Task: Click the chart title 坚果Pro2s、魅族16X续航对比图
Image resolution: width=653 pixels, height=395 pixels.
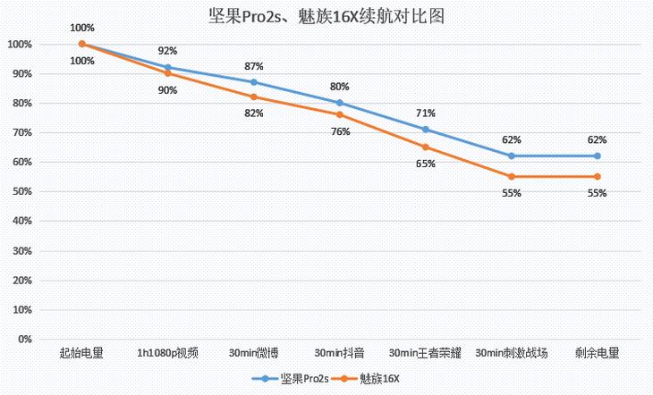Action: (x=326, y=17)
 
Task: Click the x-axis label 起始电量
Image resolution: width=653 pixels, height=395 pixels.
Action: (x=81, y=353)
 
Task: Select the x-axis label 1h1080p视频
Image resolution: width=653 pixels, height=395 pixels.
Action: (x=167, y=353)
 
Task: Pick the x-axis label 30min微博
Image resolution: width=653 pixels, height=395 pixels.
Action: (x=253, y=353)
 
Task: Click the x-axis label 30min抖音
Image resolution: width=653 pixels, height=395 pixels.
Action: (x=339, y=353)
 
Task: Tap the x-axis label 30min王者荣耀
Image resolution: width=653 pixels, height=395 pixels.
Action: (x=425, y=353)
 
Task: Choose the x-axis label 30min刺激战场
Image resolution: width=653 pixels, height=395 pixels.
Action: (x=511, y=353)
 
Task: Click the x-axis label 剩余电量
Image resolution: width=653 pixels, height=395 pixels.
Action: (x=597, y=353)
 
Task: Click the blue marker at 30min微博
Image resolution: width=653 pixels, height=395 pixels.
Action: (x=254, y=82)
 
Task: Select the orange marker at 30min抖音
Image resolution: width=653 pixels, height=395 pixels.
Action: (x=340, y=114)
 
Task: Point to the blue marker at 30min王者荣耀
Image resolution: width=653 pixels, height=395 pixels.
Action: (x=426, y=130)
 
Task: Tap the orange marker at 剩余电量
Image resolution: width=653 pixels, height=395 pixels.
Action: (x=598, y=177)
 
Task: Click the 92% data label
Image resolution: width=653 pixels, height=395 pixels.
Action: (x=167, y=52)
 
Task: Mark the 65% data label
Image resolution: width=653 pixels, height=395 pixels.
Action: (x=426, y=164)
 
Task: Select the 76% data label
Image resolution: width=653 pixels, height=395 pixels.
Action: (x=340, y=131)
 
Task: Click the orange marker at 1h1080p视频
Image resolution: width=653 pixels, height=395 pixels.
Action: (x=168, y=73)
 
